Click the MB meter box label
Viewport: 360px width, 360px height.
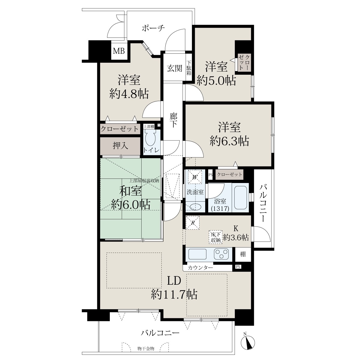point(119,51)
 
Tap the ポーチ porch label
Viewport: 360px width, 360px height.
point(153,28)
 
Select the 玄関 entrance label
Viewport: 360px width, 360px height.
point(174,68)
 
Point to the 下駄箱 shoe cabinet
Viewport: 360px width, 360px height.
point(189,67)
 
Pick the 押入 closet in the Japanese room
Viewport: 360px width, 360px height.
point(120,146)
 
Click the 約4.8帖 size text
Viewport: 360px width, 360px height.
point(129,94)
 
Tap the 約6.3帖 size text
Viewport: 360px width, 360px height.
point(229,141)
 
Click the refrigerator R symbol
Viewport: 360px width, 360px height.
point(193,223)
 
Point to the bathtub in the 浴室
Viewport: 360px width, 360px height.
point(241,197)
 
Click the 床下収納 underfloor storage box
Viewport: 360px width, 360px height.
point(216,237)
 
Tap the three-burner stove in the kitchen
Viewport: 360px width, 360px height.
point(221,254)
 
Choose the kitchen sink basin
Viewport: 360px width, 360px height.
point(197,254)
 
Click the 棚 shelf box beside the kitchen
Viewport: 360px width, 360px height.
point(243,254)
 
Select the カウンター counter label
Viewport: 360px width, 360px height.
point(200,268)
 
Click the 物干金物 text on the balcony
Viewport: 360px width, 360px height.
point(146,348)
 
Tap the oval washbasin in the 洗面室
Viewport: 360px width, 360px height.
point(196,207)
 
